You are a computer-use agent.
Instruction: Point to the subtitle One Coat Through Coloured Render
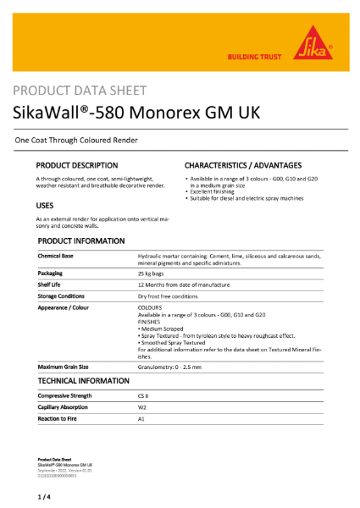[77, 139]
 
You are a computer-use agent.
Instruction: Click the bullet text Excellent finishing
[213, 192]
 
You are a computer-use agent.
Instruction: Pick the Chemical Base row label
[56, 255]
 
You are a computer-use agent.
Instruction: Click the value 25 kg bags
[151, 274]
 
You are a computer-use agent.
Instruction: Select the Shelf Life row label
[50, 285]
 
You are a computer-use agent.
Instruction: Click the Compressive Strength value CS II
[142, 395]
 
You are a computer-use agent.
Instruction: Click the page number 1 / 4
[44, 494]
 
